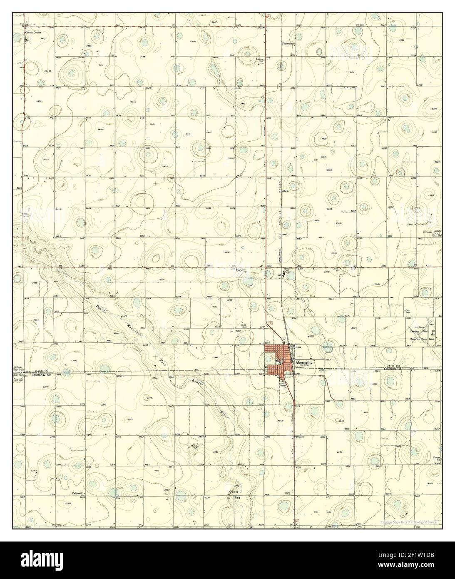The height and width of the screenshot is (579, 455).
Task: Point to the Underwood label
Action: coord(288,43)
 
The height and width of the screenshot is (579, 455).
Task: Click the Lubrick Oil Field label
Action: coord(436,233)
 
